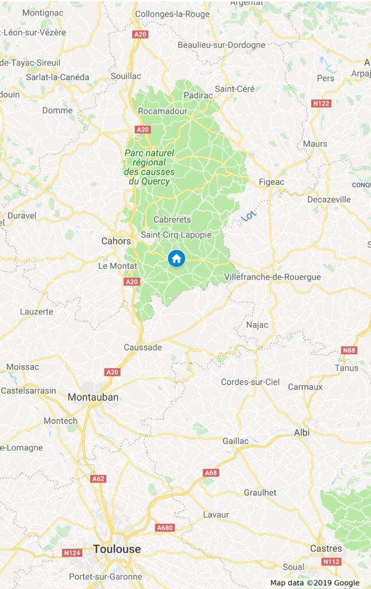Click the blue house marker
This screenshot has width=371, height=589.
[x=176, y=258]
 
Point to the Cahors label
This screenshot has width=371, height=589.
[x=116, y=241]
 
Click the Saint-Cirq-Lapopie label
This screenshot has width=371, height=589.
[x=176, y=235]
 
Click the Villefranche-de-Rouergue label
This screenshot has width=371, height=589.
[x=272, y=277]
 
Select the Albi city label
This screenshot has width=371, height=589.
[x=302, y=432]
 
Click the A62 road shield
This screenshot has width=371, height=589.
[x=98, y=478]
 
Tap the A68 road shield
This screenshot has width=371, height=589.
[x=211, y=472]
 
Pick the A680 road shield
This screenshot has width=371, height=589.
[x=165, y=527]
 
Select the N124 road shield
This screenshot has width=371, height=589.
[x=71, y=553]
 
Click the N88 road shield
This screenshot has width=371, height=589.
[x=349, y=350]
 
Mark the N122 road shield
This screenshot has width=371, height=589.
[x=320, y=104]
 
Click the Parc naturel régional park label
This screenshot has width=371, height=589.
[x=148, y=167]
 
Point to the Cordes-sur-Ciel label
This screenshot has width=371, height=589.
[x=250, y=382]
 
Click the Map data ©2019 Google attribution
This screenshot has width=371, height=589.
[x=315, y=583]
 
